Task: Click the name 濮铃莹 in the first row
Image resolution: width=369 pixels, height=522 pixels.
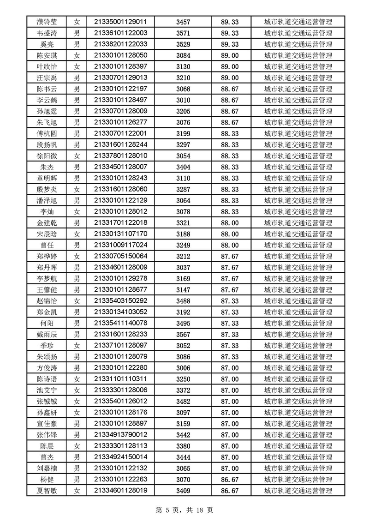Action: [x=47, y=22]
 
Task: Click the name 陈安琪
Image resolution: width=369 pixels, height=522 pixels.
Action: [x=47, y=55]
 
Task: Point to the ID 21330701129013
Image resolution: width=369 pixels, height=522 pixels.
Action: [x=120, y=78]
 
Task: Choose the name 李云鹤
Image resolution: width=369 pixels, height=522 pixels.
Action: [x=47, y=100]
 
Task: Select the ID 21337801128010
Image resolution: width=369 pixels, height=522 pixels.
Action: [x=120, y=156]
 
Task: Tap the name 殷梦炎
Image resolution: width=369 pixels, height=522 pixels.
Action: [x=47, y=189]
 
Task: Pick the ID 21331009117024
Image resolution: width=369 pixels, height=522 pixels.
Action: [x=120, y=245]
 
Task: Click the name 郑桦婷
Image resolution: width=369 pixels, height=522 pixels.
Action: [x=47, y=256]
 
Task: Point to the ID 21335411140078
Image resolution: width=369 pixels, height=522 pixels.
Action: [x=120, y=323]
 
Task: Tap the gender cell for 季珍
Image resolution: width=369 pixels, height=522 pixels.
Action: [x=77, y=346]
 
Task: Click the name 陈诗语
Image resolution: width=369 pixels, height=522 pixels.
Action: [x=47, y=379]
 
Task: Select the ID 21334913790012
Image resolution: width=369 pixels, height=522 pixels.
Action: [x=120, y=435]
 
